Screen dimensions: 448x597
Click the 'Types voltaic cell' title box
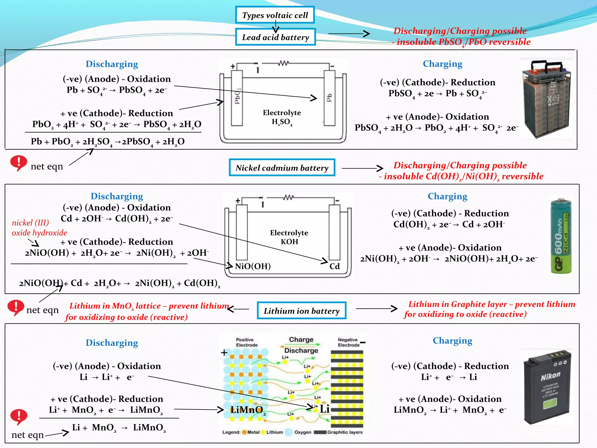pyautogui.click(x=275, y=15)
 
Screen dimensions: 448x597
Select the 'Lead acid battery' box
pyautogui.click(x=275, y=37)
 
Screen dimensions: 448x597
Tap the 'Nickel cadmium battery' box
pyautogui.click(x=282, y=168)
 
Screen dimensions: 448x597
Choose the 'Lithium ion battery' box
pyautogui.click(x=301, y=311)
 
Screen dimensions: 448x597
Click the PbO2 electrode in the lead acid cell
pyautogui.click(x=237, y=98)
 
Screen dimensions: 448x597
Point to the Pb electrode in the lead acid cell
pyautogui.click(x=329, y=98)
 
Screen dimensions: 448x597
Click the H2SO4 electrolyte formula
pyautogui.click(x=282, y=122)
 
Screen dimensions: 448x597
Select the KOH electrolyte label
pyautogui.click(x=289, y=242)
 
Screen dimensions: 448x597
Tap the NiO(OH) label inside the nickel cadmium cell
pyautogui.click(x=253, y=266)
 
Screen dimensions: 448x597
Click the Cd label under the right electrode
pyautogui.click(x=335, y=266)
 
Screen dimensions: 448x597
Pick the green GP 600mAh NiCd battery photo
pyautogui.click(x=561, y=236)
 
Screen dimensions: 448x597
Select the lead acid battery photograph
pyautogui.click(x=546, y=99)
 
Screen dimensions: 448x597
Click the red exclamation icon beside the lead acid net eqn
pyautogui.click(x=18, y=163)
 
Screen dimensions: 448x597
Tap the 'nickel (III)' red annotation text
pyautogui.click(x=30, y=223)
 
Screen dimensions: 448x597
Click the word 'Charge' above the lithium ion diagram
pyautogui.click(x=301, y=339)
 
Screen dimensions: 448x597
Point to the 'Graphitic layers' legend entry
pyautogui.click(x=344, y=432)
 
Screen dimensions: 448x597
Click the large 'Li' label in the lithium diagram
pyautogui.click(x=324, y=409)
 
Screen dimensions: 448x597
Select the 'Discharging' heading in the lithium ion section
pyautogui.click(x=112, y=343)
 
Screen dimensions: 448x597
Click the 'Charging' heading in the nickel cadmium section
pyautogui.click(x=447, y=196)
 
